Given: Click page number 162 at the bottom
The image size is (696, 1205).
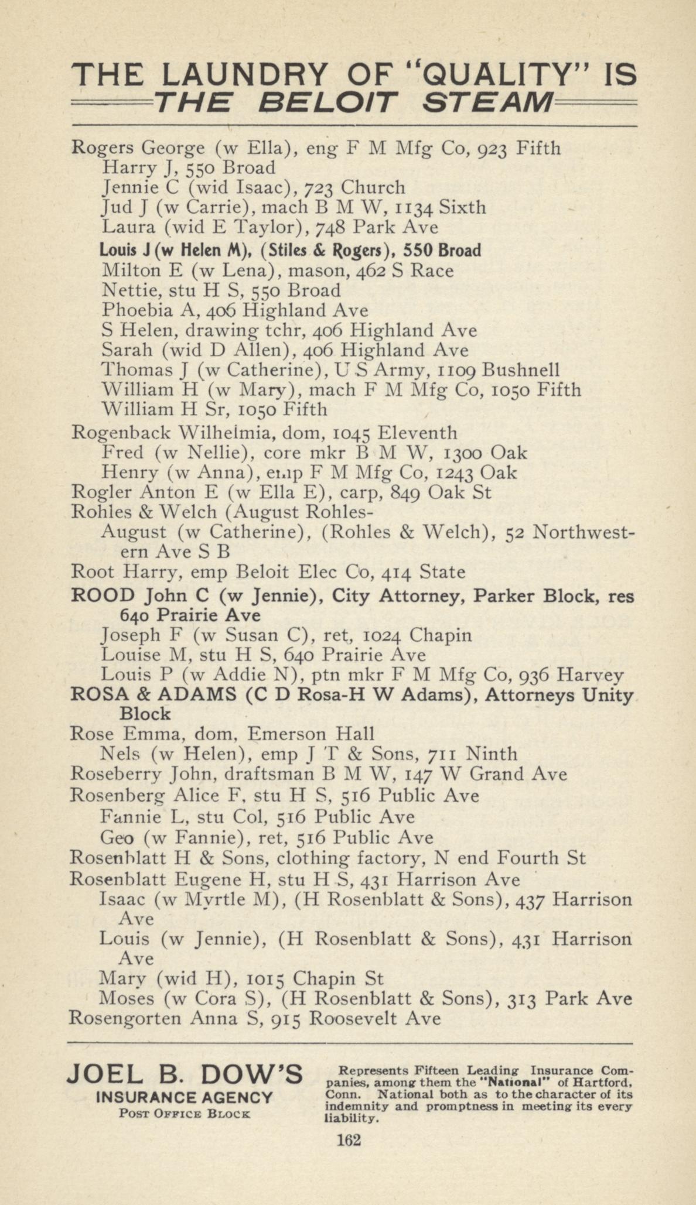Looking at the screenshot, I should [349, 1140].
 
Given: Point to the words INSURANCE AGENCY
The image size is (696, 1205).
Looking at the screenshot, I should [185, 1098].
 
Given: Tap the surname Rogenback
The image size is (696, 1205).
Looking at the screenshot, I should [121, 433].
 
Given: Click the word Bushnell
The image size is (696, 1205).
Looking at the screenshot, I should [521, 370].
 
